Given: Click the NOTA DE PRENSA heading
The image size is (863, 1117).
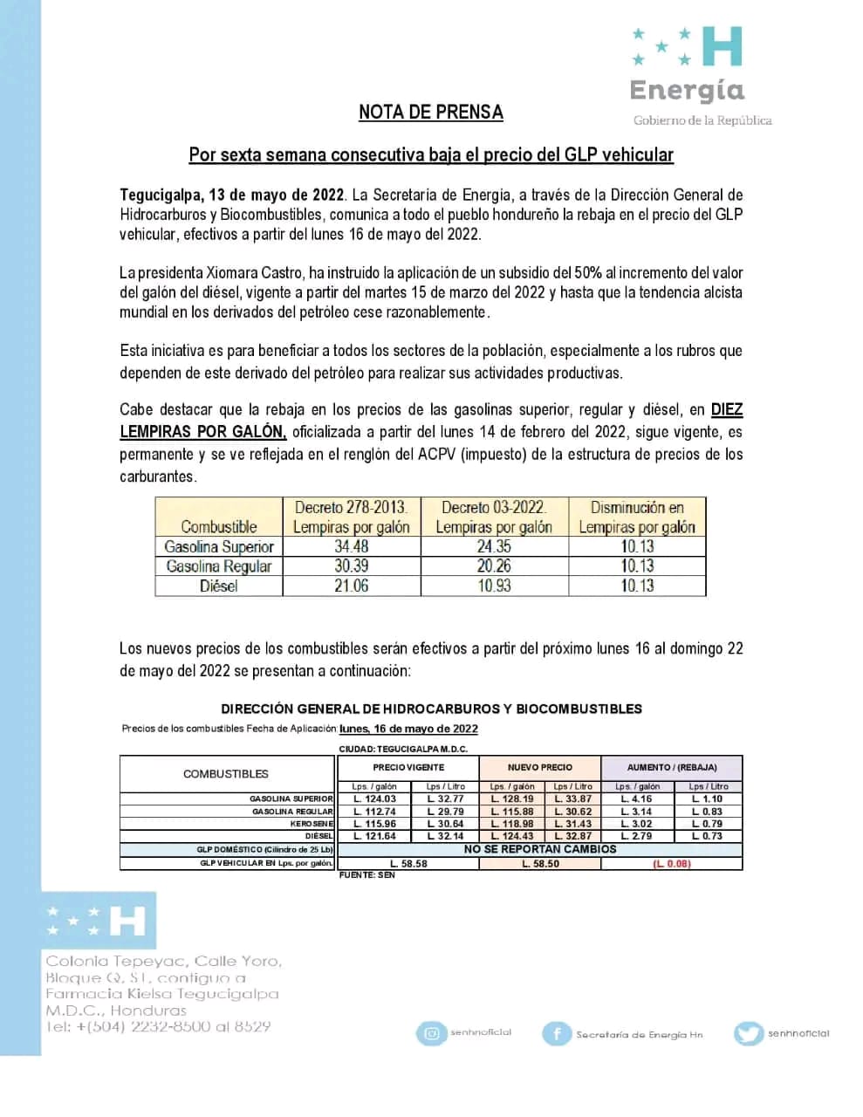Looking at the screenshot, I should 430,113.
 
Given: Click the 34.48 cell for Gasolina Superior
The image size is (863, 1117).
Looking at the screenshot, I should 351,546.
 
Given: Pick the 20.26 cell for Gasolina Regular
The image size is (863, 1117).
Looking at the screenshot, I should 494,565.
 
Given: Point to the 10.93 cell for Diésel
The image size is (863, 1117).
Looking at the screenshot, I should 494,586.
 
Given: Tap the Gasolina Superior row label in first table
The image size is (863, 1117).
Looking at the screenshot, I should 219,546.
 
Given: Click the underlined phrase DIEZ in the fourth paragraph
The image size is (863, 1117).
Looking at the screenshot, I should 727,409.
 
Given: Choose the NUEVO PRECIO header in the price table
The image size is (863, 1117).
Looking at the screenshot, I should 540,767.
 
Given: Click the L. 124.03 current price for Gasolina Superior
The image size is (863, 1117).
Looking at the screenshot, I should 374,798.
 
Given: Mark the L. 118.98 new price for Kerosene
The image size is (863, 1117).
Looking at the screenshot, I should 512,824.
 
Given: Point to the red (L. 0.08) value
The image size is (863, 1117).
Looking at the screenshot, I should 671,864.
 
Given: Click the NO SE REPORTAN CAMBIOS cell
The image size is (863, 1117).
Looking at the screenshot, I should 540,849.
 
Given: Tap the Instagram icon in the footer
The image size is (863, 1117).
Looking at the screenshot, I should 431,1033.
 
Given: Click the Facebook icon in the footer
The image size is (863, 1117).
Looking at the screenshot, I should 556,1034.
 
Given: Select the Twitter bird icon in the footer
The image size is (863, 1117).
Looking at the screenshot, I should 749,1034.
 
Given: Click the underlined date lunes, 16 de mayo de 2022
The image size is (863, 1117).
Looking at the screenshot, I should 408,729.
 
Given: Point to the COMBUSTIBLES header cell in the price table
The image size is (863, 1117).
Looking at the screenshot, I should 226,774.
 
